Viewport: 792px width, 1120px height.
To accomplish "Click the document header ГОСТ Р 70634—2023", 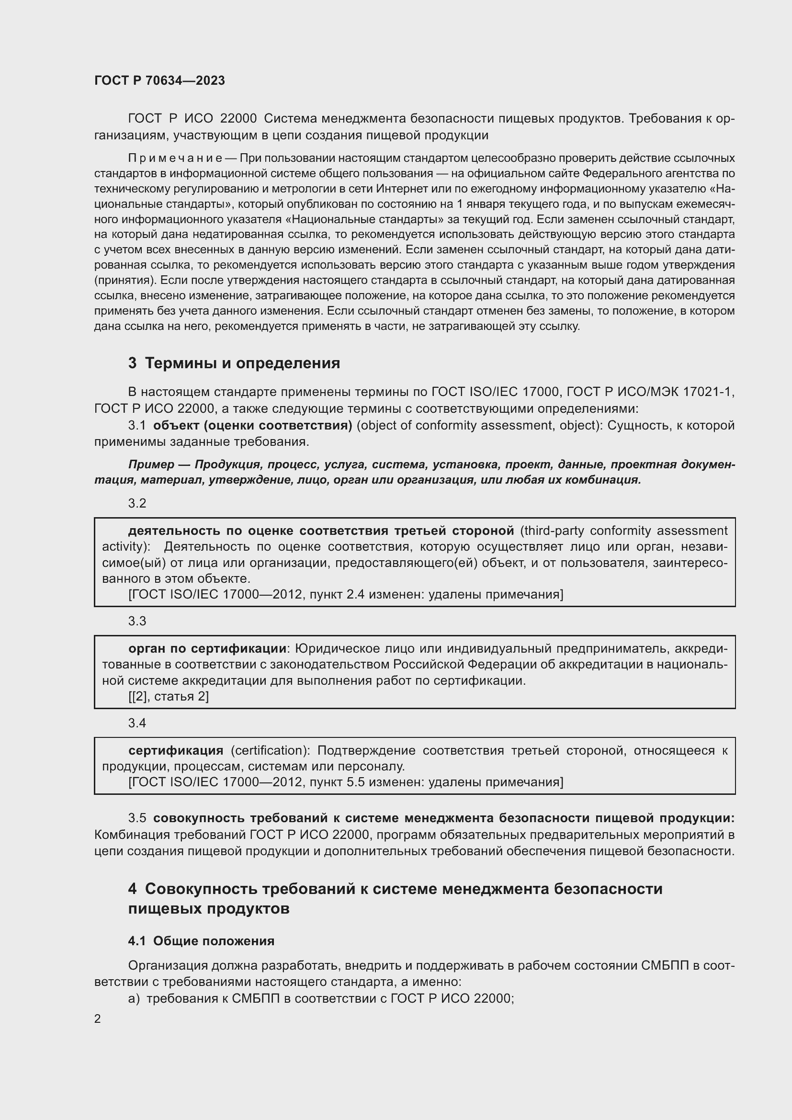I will point(159,80).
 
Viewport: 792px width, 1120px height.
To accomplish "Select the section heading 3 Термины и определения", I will point(234,363).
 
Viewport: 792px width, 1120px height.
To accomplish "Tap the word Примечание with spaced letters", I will point(175,158).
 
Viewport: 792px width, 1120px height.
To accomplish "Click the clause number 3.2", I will point(137,503).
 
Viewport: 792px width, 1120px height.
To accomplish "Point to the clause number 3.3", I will point(137,621).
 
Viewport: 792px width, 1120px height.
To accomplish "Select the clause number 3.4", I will point(137,723).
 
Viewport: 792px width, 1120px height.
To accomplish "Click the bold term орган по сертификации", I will point(207,649).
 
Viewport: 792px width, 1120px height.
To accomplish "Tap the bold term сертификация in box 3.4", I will point(176,751).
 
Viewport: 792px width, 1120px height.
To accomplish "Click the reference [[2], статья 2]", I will point(168,697).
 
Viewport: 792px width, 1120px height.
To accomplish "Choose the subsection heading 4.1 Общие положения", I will point(201,941).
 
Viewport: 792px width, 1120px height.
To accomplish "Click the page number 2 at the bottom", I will point(98,1019).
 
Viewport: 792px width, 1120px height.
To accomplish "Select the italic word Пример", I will point(151,464).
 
